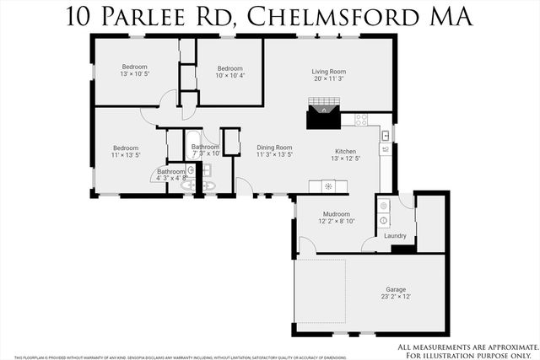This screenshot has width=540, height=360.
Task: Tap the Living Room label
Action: click(329, 73)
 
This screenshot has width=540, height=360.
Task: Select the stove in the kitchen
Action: click(361, 120)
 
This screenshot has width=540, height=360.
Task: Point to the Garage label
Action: click(396, 289)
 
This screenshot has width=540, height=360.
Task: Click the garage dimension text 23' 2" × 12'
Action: click(396, 297)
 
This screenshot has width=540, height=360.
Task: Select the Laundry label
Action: click(395, 236)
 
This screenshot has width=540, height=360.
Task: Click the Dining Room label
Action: click(274, 148)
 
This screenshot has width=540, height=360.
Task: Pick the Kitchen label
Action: click(345, 151)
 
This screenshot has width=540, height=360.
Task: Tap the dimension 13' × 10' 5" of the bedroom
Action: click(134, 74)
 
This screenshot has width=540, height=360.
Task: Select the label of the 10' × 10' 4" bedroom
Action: click(229, 69)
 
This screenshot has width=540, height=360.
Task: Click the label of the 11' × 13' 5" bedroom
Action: click(125, 148)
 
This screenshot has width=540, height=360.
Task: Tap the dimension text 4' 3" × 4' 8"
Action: click(169, 178)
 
